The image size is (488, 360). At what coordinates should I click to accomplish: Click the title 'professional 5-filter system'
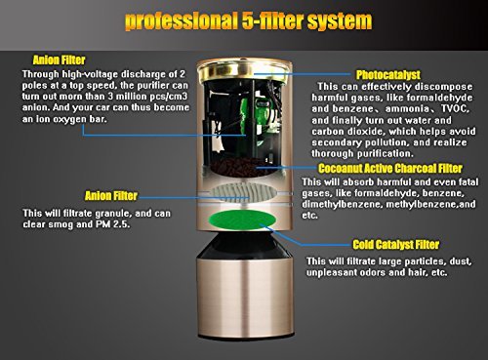(x=248, y=20)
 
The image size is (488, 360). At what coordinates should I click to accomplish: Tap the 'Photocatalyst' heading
(x=388, y=75)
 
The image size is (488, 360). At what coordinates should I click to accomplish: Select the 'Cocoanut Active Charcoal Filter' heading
(x=390, y=168)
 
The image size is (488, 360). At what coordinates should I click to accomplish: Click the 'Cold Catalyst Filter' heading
(x=396, y=244)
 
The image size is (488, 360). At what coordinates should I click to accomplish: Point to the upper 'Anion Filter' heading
(x=59, y=60)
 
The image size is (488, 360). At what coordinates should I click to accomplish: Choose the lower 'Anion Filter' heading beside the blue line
(x=111, y=196)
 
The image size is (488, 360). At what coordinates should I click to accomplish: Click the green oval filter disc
(x=242, y=220)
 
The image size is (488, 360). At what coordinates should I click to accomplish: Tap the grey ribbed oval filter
(x=243, y=192)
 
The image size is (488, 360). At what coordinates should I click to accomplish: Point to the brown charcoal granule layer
(x=239, y=167)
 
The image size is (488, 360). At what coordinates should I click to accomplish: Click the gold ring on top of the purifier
(x=242, y=71)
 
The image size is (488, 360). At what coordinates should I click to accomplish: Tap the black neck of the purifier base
(x=245, y=246)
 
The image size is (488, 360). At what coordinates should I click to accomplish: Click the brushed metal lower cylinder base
(x=245, y=298)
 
